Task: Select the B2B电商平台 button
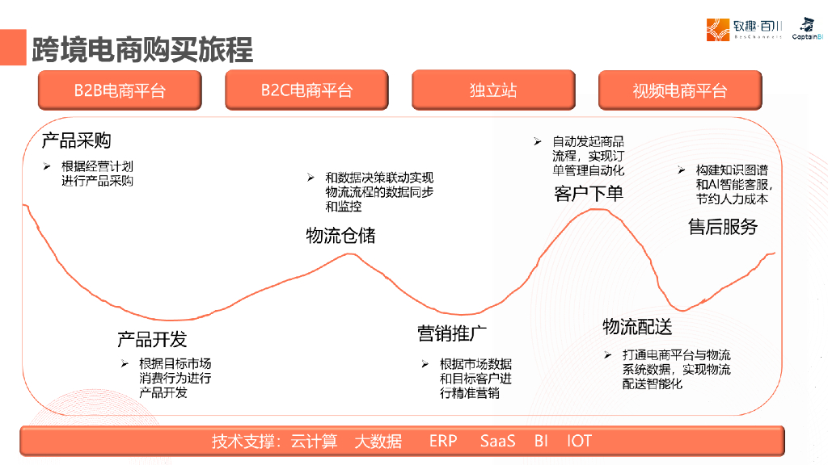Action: pos(119,90)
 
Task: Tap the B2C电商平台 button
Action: pos(306,90)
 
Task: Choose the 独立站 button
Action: pos(493,90)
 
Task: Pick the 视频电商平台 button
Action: pos(680,90)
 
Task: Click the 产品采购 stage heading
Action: pos(76,140)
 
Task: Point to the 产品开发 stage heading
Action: pos(152,338)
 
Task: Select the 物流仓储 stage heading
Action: pos(340,236)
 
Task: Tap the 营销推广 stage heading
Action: pos(452,333)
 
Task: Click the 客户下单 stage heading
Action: pos(589,194)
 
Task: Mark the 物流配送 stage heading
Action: pos(637,326)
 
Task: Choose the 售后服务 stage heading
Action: pos(723,227)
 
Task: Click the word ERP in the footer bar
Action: pos(443,441)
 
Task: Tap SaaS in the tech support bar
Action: pos(497,441)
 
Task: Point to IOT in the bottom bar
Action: pos(579,441)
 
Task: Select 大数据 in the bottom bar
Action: pos(378,441)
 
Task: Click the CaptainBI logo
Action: pos(807,29)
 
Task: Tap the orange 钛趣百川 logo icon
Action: pos(718,30)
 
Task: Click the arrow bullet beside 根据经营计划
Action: pos(47,166)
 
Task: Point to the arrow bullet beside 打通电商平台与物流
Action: pos(607,354)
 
